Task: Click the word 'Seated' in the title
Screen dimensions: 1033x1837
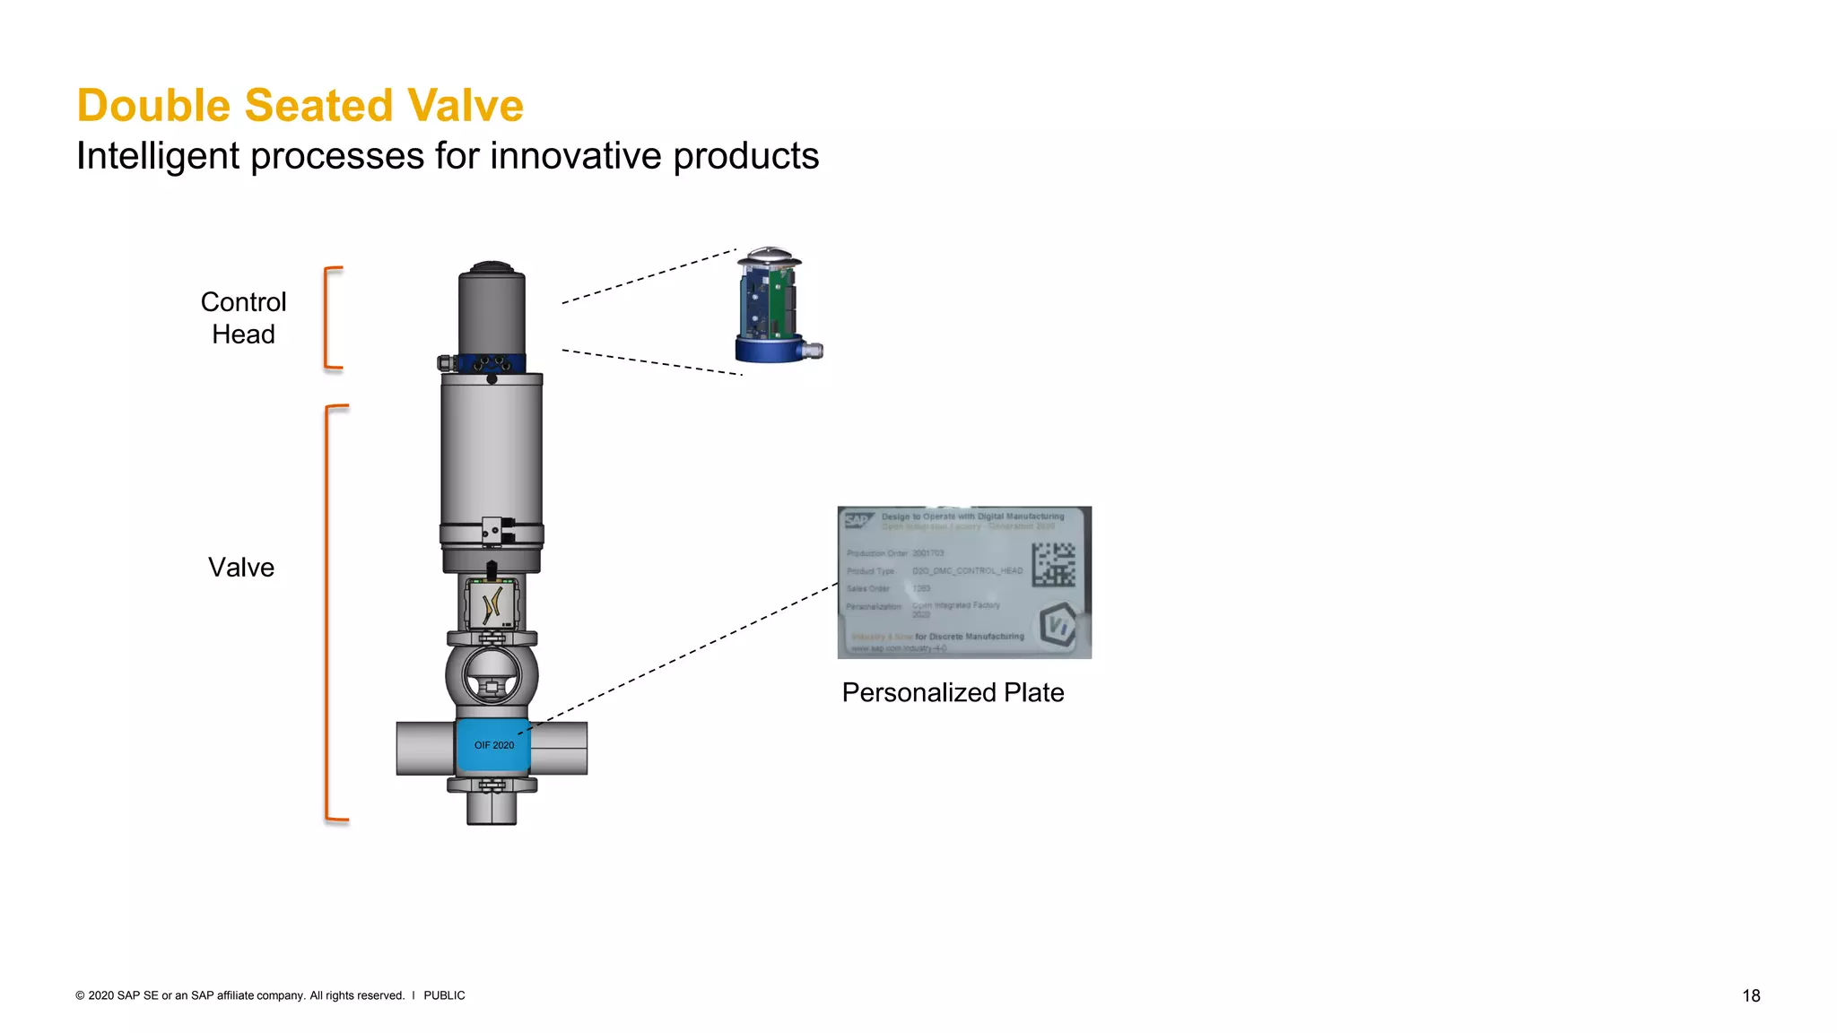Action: (319, 106)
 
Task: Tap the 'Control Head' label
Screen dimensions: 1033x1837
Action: (243, 318)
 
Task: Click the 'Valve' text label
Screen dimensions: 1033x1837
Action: (241, 568)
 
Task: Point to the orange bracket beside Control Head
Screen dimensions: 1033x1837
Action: (329, 317)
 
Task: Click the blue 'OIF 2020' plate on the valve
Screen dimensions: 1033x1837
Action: (493, 745)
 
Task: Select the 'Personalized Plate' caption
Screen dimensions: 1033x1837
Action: (953, 692)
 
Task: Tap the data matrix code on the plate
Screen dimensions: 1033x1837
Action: (1053, 564)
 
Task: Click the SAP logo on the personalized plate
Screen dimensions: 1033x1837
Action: (858, 519)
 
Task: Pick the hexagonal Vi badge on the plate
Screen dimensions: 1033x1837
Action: (1058, 625)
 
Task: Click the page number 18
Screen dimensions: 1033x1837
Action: (1751, 995)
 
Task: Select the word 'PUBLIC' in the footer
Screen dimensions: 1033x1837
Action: (444, 995)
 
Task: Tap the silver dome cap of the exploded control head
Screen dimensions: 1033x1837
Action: (769, 256)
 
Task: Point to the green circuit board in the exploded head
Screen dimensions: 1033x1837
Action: (784, 300)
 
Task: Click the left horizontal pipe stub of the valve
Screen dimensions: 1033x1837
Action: (425, 748)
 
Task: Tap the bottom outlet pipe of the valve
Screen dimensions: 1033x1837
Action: (492, 809)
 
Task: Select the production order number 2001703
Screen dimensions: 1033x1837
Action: (928, 553)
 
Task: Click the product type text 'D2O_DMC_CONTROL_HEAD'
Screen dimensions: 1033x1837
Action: (967, 571)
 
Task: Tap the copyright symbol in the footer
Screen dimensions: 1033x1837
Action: (80, 995)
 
